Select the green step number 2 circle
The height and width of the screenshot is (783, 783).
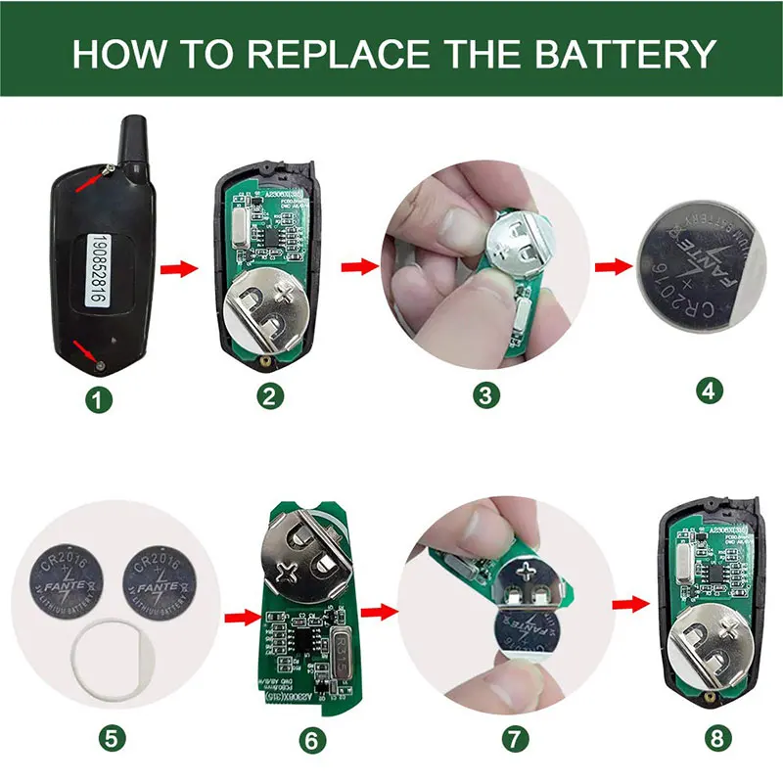point(271,395)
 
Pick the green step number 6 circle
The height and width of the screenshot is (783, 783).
point(309,741)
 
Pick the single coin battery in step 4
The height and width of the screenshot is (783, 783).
point(698,270)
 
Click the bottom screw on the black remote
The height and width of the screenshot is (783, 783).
point(102,364)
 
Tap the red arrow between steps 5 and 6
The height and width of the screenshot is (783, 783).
point(239,617)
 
